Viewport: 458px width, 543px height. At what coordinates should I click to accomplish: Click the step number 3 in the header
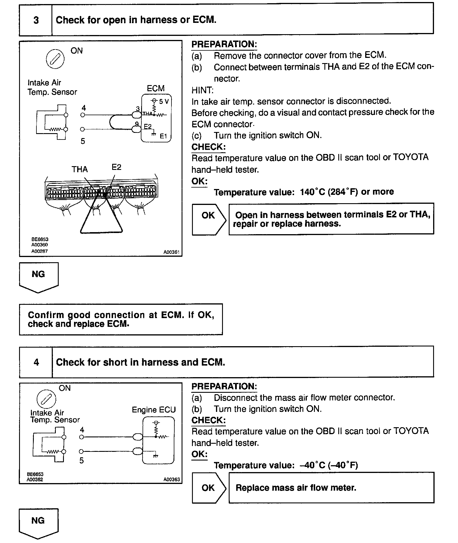point(36,20)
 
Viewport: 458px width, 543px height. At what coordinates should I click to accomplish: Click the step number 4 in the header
point(36,362)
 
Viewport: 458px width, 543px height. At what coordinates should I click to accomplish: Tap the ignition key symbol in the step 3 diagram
point(55,59)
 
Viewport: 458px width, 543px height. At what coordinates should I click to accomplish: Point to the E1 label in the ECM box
point(163,136)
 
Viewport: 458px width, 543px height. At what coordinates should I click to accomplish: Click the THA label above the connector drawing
point(80,169)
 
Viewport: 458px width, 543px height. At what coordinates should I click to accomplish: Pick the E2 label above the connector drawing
point(116,167)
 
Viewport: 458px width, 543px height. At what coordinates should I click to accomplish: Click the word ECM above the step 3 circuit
point(156,89)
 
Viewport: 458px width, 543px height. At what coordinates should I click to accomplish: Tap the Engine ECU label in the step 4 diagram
point(154,410)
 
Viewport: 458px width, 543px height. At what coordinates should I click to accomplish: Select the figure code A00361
point(171,252)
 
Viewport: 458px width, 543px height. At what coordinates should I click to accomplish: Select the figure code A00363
point(171,480)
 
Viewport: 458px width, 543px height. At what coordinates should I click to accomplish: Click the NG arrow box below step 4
point(38,522)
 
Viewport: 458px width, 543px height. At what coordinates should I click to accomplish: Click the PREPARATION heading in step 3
point(224,44)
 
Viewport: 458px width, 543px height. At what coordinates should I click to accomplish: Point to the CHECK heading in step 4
point(208,420)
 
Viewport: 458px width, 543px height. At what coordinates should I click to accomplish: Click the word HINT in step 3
point(202,90)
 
